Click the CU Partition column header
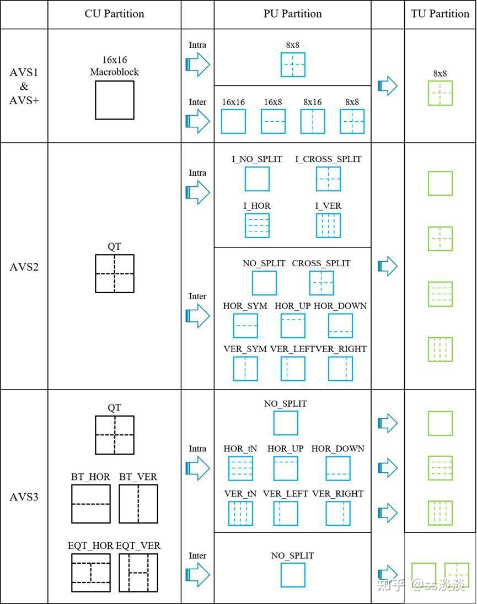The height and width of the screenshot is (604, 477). (x=115, y=14)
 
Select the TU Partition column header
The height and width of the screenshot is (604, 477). (x=440, y=14)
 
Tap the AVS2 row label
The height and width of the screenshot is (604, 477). (x=24, y=267)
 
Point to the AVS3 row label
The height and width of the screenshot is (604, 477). (x=24, y=497)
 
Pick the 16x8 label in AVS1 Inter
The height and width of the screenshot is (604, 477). (x=273, y=102)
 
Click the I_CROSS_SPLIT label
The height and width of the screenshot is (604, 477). (x=328, y=159)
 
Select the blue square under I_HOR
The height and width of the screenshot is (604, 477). (x=257, y=225)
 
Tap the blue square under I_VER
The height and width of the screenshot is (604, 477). (x=328, y=225)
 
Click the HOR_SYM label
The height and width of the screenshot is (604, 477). (x=245, y=306)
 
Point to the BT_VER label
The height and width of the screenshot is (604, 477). (x=138, y=477)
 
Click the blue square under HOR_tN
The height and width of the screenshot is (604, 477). (x=240, y=468)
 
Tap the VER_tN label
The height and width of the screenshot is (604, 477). (x=240, y=494)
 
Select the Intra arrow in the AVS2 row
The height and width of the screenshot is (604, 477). (x=197, y=192)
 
